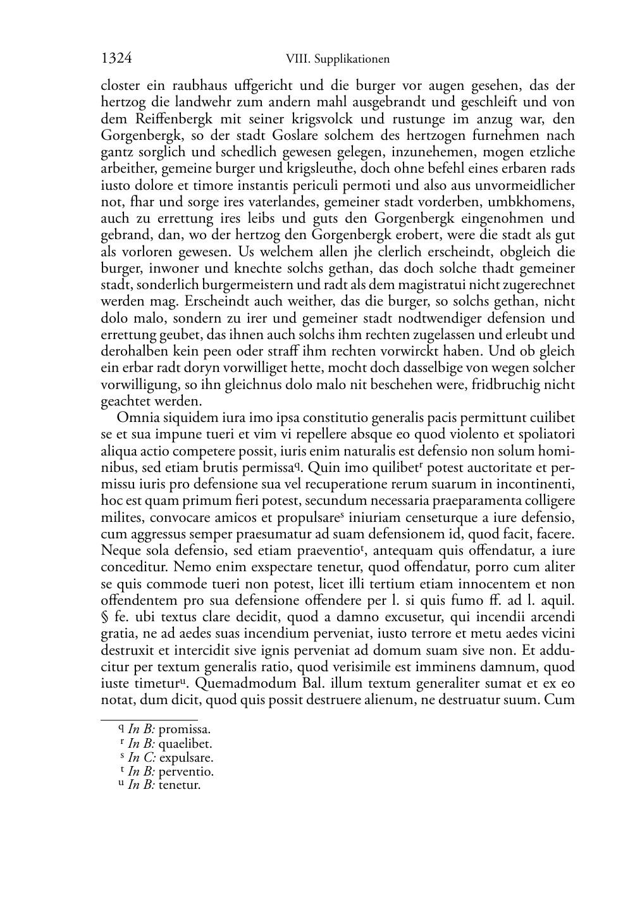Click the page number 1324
click(x=116, y=59)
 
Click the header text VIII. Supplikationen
click(x=337, y=59)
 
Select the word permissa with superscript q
click(x=266, y=468)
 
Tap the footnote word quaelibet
click(x=185, y=744)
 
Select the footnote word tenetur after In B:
click(x=179, y=786)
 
